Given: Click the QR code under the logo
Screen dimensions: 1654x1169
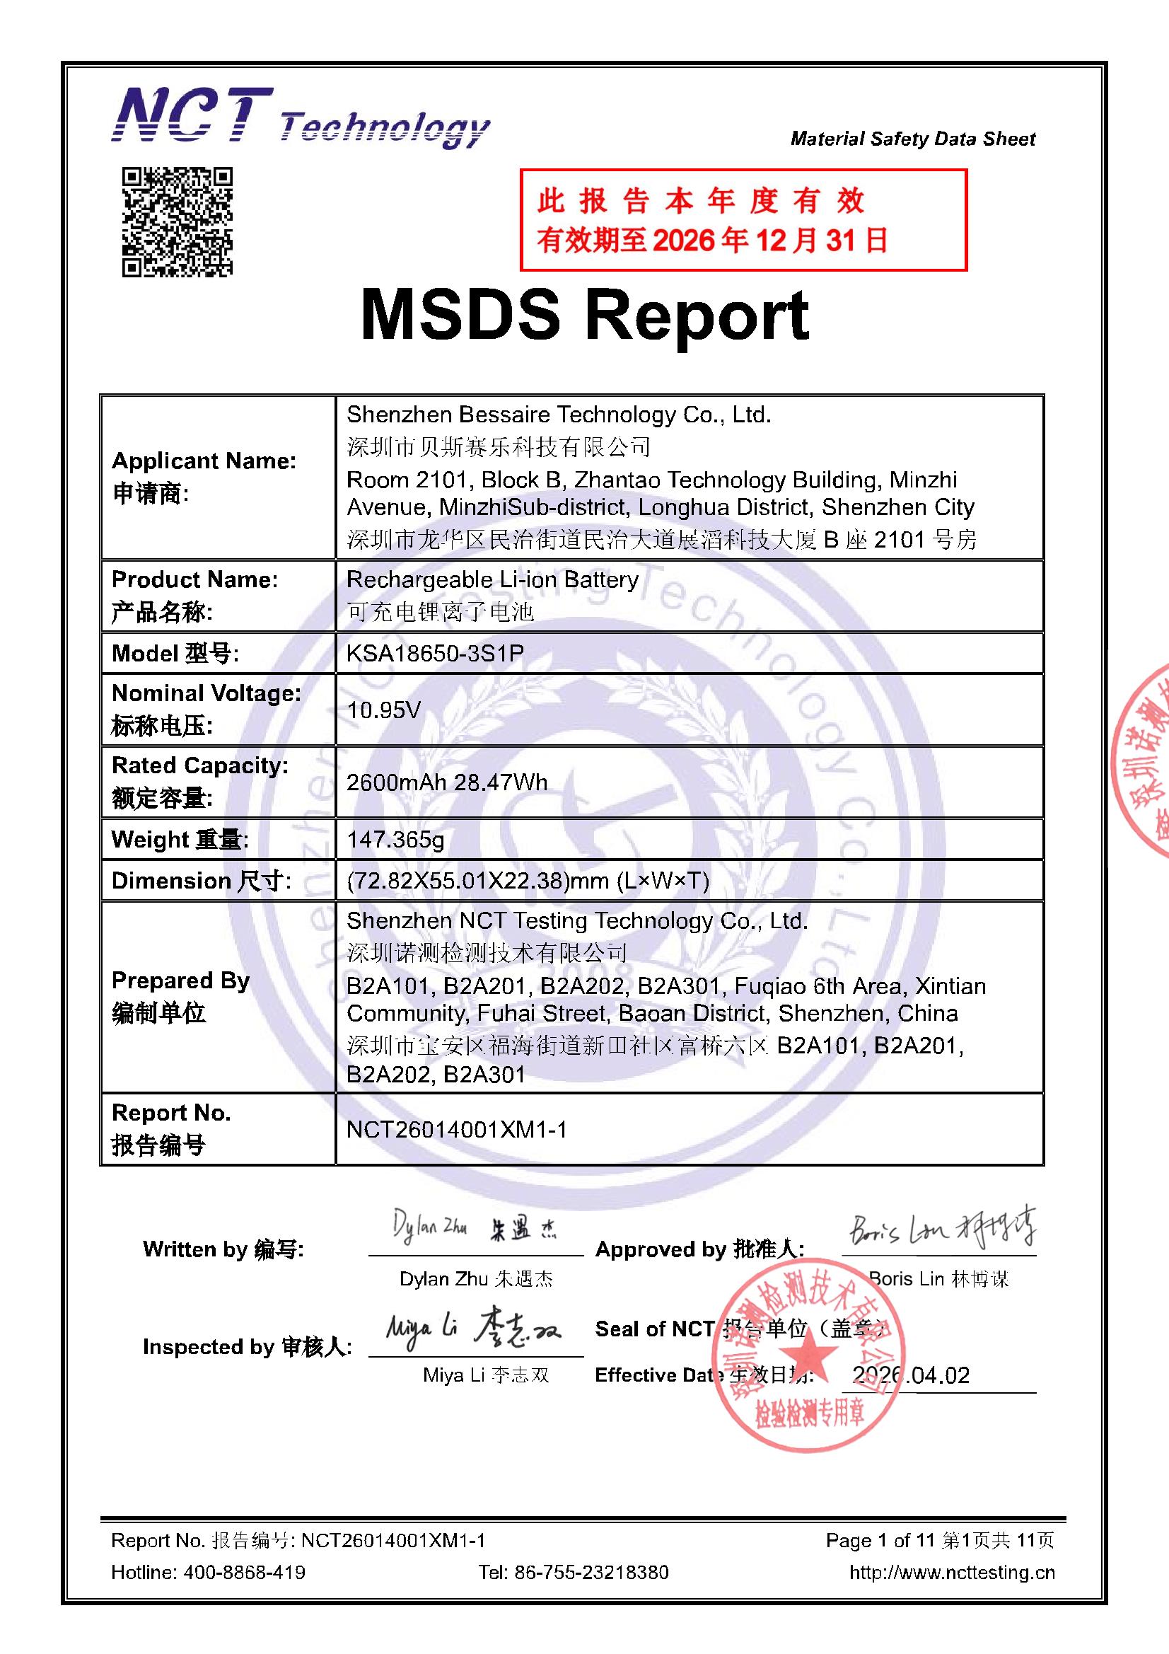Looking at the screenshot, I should coord(178,222).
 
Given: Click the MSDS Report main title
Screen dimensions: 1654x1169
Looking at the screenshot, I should coord(584,316).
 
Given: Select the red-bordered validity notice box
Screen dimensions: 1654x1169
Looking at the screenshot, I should coord(743,221).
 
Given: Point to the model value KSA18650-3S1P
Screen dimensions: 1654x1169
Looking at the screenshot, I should coord(435,654).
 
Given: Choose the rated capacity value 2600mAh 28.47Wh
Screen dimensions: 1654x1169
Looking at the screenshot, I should coord(446,782).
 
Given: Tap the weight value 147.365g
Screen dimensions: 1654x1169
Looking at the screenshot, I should coord(395,839).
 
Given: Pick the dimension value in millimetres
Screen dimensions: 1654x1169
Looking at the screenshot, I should coord(528,880).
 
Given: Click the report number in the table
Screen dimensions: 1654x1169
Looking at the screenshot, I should coord(457,1129).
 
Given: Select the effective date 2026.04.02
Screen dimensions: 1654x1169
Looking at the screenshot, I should coord(911,1375).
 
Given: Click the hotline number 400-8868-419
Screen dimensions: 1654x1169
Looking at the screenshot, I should coord(244,1572).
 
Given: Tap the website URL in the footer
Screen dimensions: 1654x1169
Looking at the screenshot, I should coord(951,1572).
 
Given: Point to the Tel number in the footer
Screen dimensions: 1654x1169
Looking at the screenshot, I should coord(574,1572).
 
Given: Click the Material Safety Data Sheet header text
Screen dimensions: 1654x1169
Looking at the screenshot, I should coord(912,139).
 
